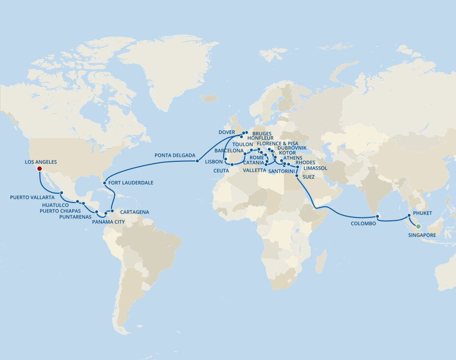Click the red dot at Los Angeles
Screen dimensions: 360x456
pos(39,169)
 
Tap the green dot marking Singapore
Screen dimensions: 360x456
pos(418,227)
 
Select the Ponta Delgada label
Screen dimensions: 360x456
pos(174,155)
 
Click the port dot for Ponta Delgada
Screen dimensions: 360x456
pos(197,161)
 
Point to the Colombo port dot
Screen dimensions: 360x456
pos(377,216)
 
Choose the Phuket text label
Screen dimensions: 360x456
pos(423,213)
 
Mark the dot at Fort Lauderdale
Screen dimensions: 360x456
pos(105,183)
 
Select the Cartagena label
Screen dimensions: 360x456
pos(134,212)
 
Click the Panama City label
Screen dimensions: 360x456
pos(109,222)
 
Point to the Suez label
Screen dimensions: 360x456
pos(309,176)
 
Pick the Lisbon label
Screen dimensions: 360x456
pos(214,161)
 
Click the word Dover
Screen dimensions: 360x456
pos(228,132)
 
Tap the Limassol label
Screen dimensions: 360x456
pos(315,168)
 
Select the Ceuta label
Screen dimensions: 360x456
pos(221,171)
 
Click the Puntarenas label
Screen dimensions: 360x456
pos(75,217)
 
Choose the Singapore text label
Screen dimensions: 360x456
pos(422,235)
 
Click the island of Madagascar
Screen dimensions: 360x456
pos(321,261)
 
